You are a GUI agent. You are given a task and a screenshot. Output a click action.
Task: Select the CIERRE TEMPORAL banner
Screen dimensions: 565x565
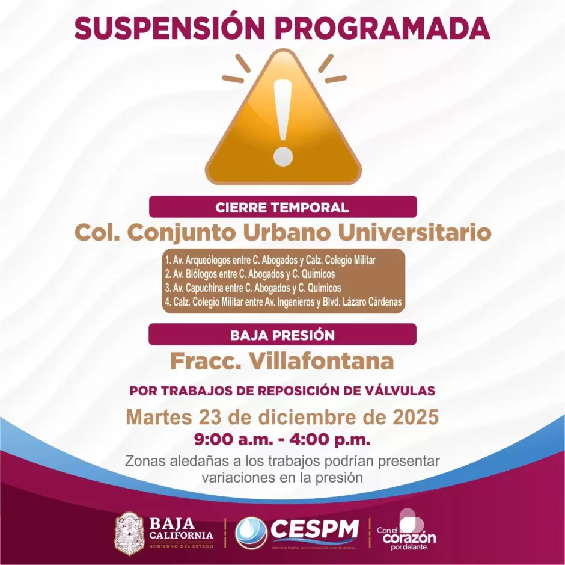pos(282,208)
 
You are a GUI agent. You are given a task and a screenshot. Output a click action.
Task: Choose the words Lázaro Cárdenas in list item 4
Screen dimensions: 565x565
pos(372,302)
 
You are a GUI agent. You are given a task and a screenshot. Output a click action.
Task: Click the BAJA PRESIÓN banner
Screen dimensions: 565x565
pos(282,335)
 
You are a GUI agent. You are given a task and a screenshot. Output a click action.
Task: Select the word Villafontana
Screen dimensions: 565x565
pos(322,361)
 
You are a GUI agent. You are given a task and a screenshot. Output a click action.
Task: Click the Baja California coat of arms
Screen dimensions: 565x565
pos(129,533)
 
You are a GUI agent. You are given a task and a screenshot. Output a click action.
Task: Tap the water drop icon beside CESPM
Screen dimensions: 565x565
pos(251,533)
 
